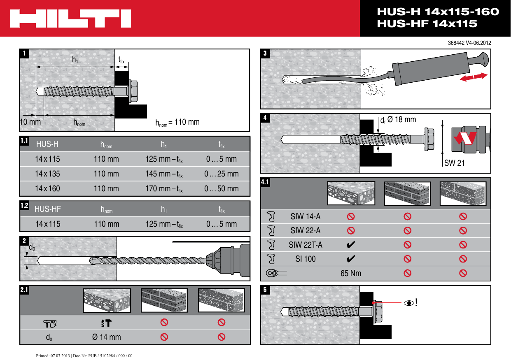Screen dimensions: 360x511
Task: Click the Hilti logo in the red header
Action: coord(71,19)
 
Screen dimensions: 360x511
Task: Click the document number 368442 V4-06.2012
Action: coord(469,43)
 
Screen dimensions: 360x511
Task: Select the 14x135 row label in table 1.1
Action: coord(47,174)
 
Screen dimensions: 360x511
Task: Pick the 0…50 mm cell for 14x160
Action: coord(222,189)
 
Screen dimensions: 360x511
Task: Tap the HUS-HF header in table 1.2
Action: coord(48,209)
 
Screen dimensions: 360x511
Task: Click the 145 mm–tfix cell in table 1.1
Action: coord(164,174)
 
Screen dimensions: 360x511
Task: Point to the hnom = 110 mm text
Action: coord(177,122)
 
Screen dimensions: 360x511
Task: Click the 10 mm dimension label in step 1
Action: coord(30,122)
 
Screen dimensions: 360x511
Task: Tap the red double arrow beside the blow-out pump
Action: coord(474,77)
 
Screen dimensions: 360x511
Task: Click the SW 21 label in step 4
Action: coord(454,163)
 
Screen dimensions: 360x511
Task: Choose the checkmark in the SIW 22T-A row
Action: coord(351,245)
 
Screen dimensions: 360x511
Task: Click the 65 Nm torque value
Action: coord(351,273)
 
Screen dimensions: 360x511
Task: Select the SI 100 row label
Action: coord(306,259)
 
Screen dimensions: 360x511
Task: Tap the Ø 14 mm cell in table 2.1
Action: coord(107,337)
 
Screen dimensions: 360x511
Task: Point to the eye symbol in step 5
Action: coord(409,303)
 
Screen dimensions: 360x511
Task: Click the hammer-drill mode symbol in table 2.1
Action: coord(107,323)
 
